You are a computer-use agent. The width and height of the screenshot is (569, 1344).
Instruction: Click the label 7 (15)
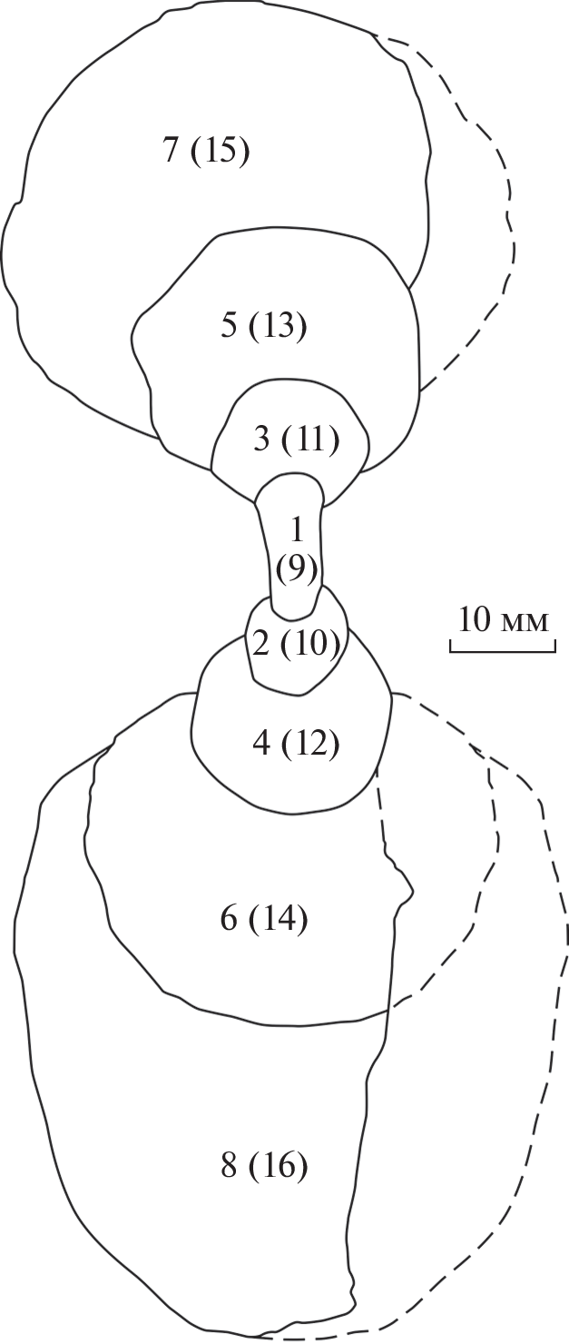pyautogui.click(x=206, y=150)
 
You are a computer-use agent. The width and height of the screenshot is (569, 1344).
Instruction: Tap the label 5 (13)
pyautogui.click(x=264, y=326)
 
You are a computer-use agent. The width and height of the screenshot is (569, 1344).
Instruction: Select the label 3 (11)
pyautogui.click(x=296, y=440)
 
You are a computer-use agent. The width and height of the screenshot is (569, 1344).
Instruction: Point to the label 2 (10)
pyautogui.click(x=297, y=644)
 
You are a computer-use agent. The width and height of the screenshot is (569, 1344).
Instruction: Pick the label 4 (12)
pyautogui.click(x=296, y=744)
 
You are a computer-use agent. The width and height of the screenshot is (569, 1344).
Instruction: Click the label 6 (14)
pyautogui.click(x=264, y=919)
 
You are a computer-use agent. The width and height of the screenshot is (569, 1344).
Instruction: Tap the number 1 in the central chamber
pyautogui.click(x=296, y=530)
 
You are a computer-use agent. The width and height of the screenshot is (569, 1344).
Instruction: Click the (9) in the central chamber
pyautogui.click(x=297, y=568)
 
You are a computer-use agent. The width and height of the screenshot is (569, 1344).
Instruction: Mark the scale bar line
pyautogui.click(x=501, y=647)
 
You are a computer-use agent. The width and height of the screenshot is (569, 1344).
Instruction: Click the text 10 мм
pyautogui.click(x=503, y=620)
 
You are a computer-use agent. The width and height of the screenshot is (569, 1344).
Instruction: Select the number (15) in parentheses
pyautogui.click(x=220, y=150)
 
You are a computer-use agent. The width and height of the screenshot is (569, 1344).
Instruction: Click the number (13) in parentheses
pyautogui.click(x=279, y=326)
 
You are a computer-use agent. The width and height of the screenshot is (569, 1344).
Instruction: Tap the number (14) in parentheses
pyautogui.click(x=279, y=919)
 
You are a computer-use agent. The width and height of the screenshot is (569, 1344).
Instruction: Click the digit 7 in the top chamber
pyautogui.click(x=171, y=150)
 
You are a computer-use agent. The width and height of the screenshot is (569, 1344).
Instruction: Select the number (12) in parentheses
pyautogui.click(x=310, y=744)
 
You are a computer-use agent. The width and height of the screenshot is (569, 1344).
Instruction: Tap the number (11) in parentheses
pyautogui.click(x=310, y=440)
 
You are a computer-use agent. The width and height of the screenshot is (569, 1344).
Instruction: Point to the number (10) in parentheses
pyautogui.click(x=311, y=644)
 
